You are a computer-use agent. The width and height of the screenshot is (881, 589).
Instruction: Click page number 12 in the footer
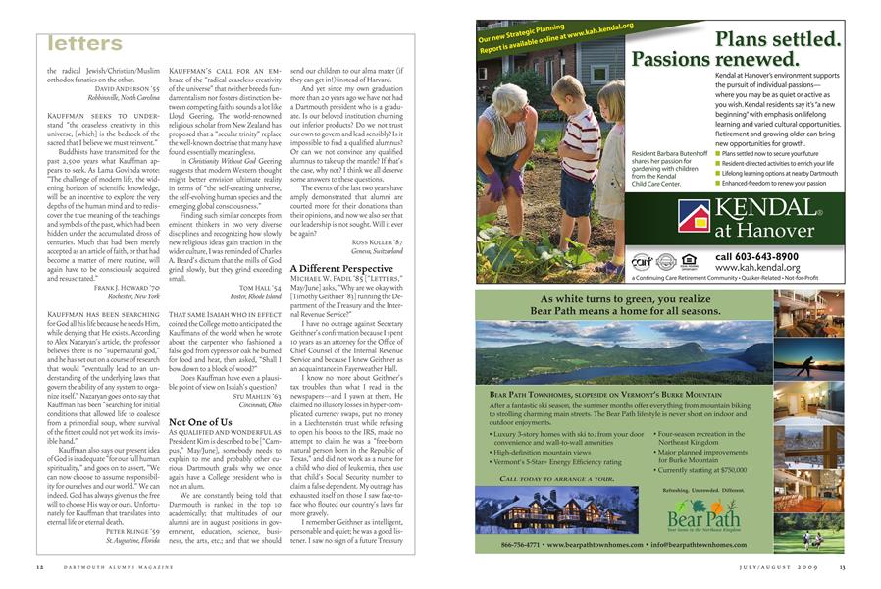coord(39,566)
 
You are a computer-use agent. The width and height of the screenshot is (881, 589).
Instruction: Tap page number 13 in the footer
coord(841,566)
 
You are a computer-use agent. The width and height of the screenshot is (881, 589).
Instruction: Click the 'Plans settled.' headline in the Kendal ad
coord(778,40)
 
